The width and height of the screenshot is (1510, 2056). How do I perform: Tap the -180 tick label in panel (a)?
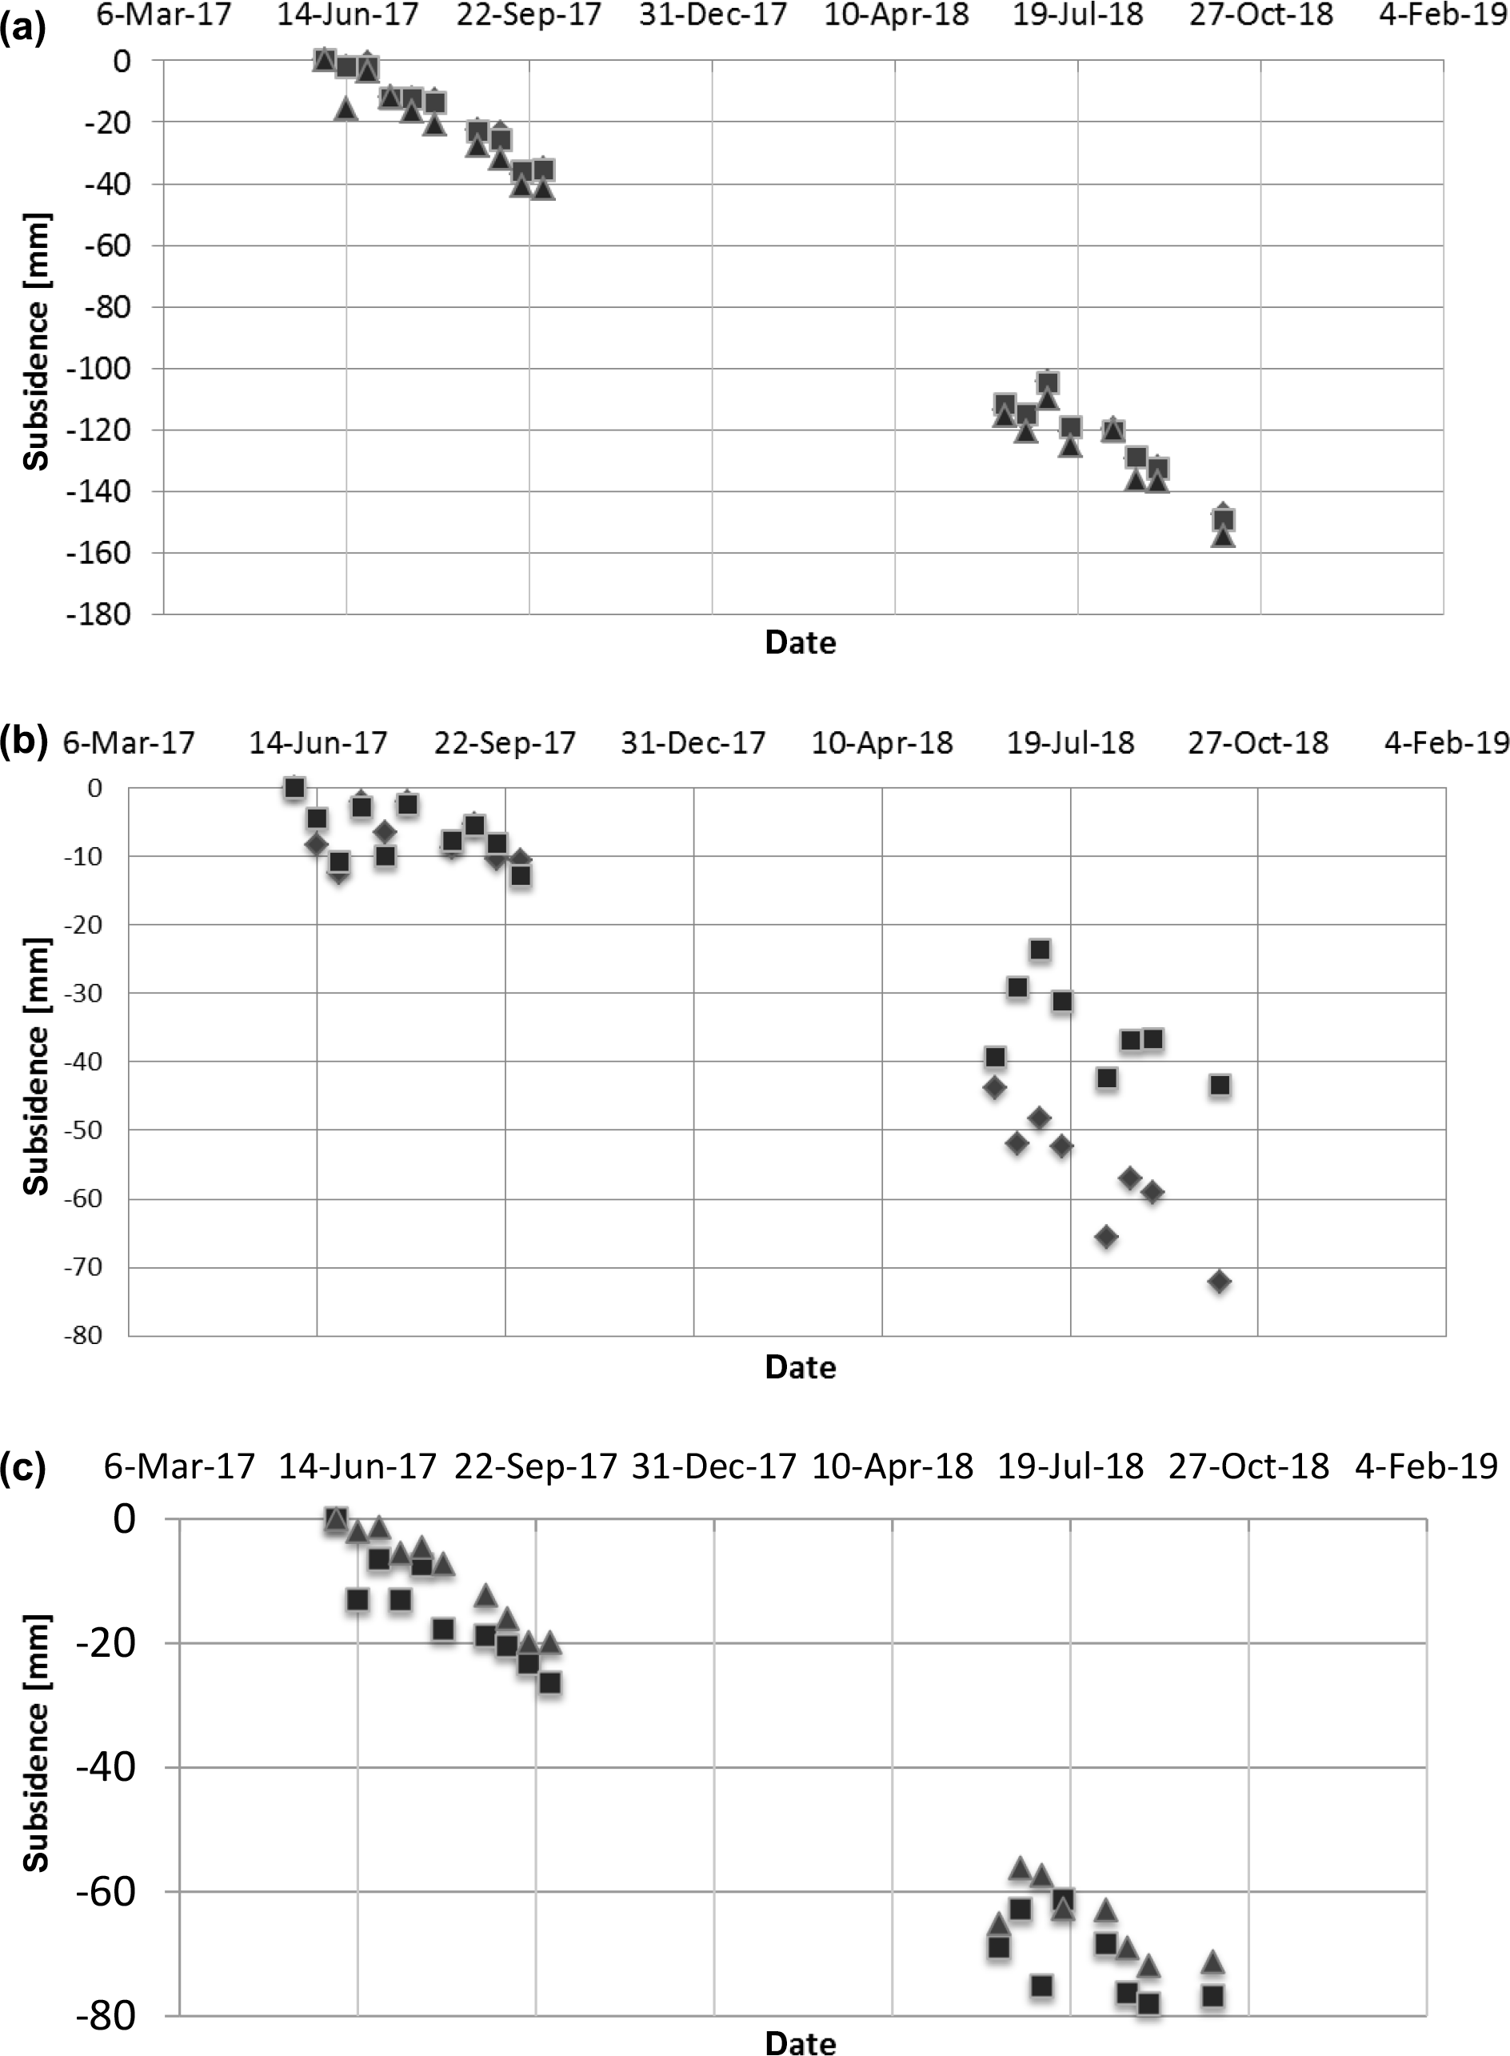coord(98,614)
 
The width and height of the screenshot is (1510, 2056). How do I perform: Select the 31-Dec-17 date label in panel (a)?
coord(712,15)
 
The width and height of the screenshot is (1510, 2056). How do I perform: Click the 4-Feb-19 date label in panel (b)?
coord(1447,742)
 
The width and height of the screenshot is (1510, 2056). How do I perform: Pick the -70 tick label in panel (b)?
coord(82,1267)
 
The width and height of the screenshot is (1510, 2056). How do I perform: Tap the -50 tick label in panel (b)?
coord(82,1130)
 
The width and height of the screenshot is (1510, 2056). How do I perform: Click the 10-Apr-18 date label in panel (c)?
coord(892,1467)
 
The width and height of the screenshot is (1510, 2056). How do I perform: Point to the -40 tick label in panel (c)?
coord(105,1767)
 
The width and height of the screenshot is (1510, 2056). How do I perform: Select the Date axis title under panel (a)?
coord(800,642)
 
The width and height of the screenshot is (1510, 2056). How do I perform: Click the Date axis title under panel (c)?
coord(800,2043)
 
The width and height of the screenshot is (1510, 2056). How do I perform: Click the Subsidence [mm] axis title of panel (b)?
coord(37,1065)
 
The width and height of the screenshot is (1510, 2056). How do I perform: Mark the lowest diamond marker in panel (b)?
coord(1220,1282)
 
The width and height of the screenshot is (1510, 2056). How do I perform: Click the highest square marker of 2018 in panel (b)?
coord(1039,950)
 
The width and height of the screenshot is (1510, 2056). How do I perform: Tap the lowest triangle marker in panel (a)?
coord(1223,538)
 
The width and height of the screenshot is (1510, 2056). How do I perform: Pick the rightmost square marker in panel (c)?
coord(1213,1997)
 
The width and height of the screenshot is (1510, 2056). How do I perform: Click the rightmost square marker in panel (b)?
coord(1220,1085)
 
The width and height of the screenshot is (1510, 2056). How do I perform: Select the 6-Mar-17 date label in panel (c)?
coord(178,1467)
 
